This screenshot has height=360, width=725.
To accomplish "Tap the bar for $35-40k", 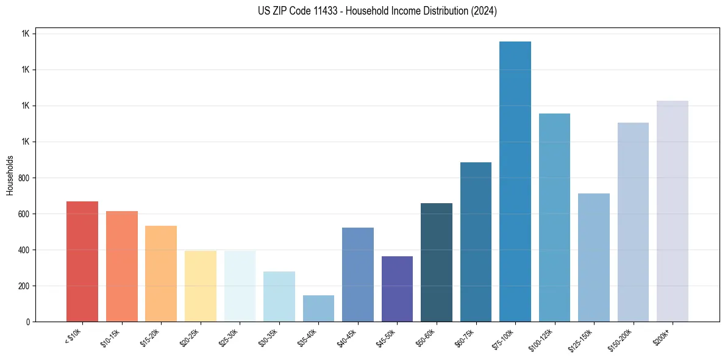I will tap(318, 308).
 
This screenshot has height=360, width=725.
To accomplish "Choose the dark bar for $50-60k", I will tap(436, 262).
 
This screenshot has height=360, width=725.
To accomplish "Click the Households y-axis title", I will tap(10, 175).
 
